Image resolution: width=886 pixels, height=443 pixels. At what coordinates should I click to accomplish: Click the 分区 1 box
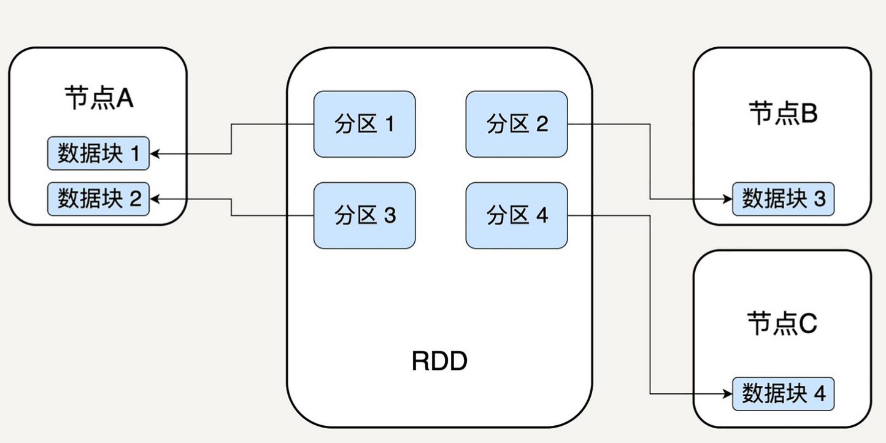[x=364, y=125]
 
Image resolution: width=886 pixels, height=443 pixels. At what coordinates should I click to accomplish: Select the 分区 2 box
[x=517, y=125]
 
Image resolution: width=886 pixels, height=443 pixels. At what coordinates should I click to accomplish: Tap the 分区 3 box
[x=364, y=215]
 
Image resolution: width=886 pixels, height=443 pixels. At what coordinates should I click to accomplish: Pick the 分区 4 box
[x=517, y=215]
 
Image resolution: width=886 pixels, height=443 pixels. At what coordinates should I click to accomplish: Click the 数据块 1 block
[x=98, y=153]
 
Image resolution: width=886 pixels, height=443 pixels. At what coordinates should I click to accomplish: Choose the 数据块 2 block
[x=98, y=199]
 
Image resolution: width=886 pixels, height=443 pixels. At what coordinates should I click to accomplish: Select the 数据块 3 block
[x=784, y=199]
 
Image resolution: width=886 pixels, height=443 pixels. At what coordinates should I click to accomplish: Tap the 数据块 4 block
[x=784, y=394]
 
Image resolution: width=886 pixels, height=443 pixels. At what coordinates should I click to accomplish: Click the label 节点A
[x=99, y=98]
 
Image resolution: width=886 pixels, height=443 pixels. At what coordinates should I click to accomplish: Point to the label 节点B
[x=783, y=114]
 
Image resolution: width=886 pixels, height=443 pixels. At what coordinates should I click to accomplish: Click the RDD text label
[x=439, y=361]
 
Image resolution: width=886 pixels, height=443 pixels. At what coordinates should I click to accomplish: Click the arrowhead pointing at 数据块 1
[x=155, y=154]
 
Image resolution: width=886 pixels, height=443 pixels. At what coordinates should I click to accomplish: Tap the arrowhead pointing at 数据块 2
[x=155, y=199]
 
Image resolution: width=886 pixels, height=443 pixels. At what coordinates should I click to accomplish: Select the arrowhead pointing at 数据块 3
[x=728, y=199]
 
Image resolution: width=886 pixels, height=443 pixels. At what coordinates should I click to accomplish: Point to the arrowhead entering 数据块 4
[x=728, y=394]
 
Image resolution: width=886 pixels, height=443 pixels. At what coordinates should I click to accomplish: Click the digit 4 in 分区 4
[x=542, y=215]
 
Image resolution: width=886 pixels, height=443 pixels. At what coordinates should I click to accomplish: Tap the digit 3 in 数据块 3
[x=819, y=199]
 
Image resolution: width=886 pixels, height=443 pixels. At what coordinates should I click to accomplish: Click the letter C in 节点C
[x=807, y=323]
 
